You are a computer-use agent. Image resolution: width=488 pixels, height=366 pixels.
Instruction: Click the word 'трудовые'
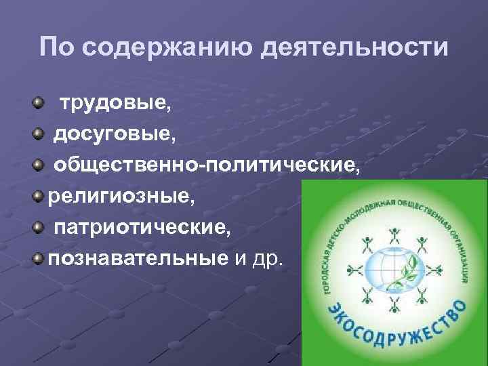pos(114,104)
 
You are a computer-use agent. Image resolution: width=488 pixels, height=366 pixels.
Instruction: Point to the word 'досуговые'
pos(114,134)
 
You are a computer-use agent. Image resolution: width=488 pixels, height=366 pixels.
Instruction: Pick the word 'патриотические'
pos(142,226)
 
